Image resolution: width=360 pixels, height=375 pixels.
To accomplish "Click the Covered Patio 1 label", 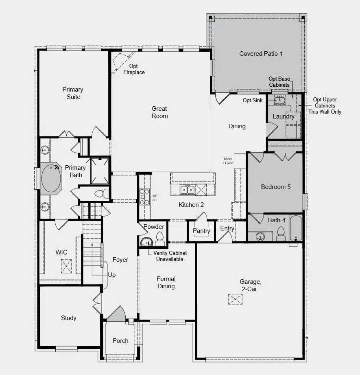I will (x=261, y=54).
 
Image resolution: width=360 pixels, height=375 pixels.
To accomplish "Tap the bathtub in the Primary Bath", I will (x=51, y=178).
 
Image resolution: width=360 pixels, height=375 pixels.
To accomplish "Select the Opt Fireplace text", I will (x=134, y=69).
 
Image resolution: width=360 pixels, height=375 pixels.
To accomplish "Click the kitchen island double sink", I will (x=188, y=189).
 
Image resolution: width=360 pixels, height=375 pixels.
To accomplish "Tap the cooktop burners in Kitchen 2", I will (x=144, y=196).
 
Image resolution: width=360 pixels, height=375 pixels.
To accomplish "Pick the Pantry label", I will (x=201, y=231).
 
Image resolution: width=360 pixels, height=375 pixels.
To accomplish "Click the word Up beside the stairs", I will (x=112, y=275).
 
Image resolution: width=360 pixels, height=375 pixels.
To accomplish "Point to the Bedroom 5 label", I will (x=276, y=187).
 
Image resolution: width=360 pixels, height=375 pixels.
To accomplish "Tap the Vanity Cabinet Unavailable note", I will (x=170, y=256).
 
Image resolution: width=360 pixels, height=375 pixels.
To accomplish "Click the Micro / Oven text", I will (x=228, y=161).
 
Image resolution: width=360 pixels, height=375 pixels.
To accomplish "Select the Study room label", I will (x=69, y=318).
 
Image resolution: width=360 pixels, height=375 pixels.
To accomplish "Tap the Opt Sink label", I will (x=253, y=100).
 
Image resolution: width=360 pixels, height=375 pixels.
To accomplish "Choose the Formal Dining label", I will (x=166, y=283).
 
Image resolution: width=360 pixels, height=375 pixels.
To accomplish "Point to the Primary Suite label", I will (x=73, y=93).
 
